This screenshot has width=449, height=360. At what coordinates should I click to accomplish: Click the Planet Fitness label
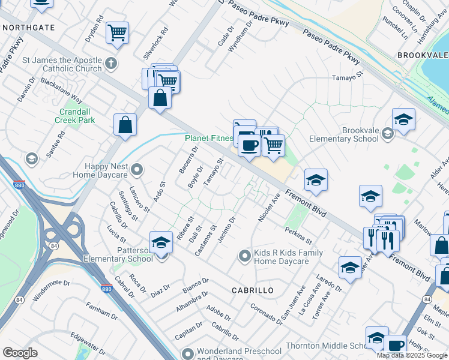(208, 137)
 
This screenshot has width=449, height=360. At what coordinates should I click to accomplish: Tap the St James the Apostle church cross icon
(110, 63)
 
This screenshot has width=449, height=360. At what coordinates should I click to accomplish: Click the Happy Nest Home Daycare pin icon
(137, 170)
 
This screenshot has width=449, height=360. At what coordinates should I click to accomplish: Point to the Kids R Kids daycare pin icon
(244, 256)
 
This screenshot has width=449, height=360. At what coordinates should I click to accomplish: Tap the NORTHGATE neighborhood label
(28, 28)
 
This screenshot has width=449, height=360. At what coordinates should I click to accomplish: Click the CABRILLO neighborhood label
(253, 290)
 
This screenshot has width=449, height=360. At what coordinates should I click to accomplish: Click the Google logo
(20, 353)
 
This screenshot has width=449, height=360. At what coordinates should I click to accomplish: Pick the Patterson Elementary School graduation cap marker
(161, 242)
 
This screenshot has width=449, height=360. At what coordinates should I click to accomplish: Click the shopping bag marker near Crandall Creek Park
(125, 125)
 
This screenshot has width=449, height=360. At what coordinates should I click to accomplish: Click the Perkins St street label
(298, 236)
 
